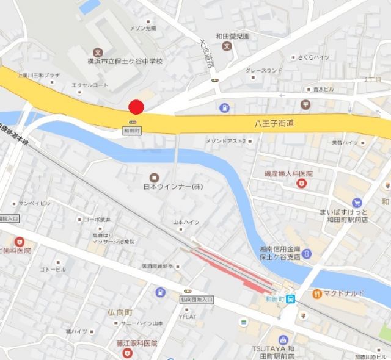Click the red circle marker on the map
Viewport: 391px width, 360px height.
click(136, 107)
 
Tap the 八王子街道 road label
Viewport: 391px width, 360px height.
click(274, 123)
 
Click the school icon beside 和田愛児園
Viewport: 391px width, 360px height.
click(227, 45)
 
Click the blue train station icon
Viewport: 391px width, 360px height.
click(292, 299)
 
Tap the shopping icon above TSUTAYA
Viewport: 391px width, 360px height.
click(282, 339)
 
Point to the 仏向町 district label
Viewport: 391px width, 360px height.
click(119, 312)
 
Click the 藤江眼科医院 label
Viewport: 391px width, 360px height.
click(137, 344)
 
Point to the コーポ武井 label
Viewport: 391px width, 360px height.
click(97, 219)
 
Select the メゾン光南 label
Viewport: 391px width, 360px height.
click(144, 28)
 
